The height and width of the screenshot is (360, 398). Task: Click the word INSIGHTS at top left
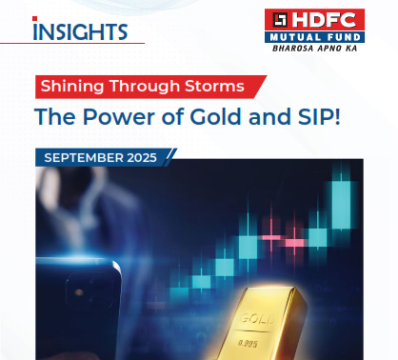pyautogui.click(x=80, y=30)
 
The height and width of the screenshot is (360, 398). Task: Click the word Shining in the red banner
pyautogui.click(x=74, y=86)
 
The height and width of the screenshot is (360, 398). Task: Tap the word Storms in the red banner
pyautogui.click(x=217, y=86)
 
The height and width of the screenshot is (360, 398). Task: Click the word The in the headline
pyautogui.click(x=52, y=118)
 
